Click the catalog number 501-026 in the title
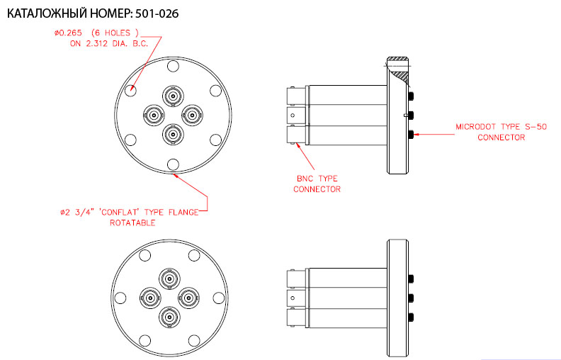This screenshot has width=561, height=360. [157, 13]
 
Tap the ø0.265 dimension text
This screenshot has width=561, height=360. [68, 33]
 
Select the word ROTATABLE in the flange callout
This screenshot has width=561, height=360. [132, 223]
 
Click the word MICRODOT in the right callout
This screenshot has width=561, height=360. [475, 127]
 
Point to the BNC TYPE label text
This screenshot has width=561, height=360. [317, 178]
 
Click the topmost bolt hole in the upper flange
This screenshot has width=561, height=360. [173, 66]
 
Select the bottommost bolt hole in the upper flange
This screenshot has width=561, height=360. [173, 164]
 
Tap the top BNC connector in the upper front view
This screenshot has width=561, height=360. [173, 96]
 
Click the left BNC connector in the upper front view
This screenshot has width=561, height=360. [154, 116]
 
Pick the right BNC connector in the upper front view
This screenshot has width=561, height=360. [193, 116]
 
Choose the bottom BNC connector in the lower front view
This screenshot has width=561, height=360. [170, 317]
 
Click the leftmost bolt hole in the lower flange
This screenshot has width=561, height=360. [120, 298]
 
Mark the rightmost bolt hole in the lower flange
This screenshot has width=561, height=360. [219, 298]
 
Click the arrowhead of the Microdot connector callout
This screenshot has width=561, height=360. [416, 135]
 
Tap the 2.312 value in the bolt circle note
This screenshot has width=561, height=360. [96, 44]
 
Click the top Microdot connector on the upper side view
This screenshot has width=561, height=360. [411, 96]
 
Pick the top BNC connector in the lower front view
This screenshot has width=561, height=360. [170, 279]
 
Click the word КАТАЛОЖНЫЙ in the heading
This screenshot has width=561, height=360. [47, 13]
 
